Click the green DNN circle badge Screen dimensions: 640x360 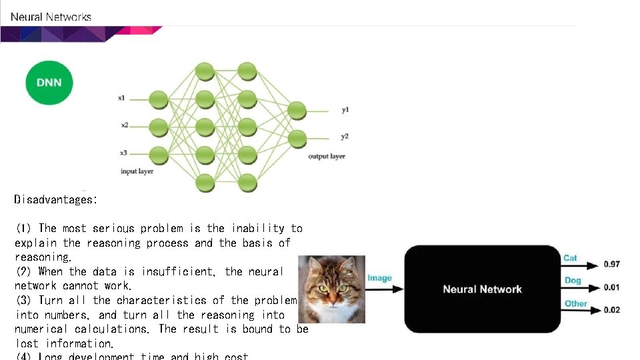coord(49,82)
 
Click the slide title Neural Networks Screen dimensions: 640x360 coord(51,17)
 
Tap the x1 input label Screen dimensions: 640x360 coord(121,98)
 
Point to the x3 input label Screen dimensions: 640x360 coord(123,152)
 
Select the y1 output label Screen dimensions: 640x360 coord(345,109)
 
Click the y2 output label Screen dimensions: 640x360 coord(345,137)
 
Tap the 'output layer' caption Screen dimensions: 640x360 coord(327,156)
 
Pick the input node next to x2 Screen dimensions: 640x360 coord(159,125)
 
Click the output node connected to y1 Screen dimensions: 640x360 coord(297,110)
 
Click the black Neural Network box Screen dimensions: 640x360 coord(482,289)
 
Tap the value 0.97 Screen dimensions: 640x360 coord(611,265)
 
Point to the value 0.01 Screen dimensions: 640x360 coord(611,287)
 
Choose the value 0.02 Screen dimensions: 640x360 coord(611,310)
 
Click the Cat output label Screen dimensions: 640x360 coord(570,258)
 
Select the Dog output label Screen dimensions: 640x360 coord(573,281)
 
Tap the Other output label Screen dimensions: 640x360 coord(575,303)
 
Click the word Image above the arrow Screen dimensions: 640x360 coord(379,278)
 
